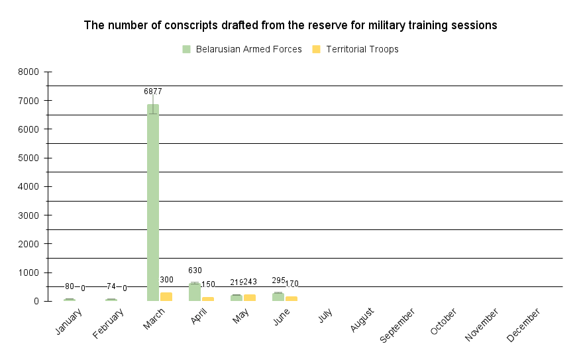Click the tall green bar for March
point(152,202)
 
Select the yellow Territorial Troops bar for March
point(166,297)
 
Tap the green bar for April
point(194,292)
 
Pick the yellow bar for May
point(250,298)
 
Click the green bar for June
point(278,297)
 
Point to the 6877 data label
point(153,91)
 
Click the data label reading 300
point(166,280)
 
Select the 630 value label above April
point(195,270)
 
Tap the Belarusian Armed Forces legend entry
point(242,49)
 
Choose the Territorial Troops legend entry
point(355,49)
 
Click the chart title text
point(290,25)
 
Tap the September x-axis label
point(397,326)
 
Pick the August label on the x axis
point(362,320)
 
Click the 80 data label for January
point(70,286)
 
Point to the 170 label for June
point(291,284)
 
